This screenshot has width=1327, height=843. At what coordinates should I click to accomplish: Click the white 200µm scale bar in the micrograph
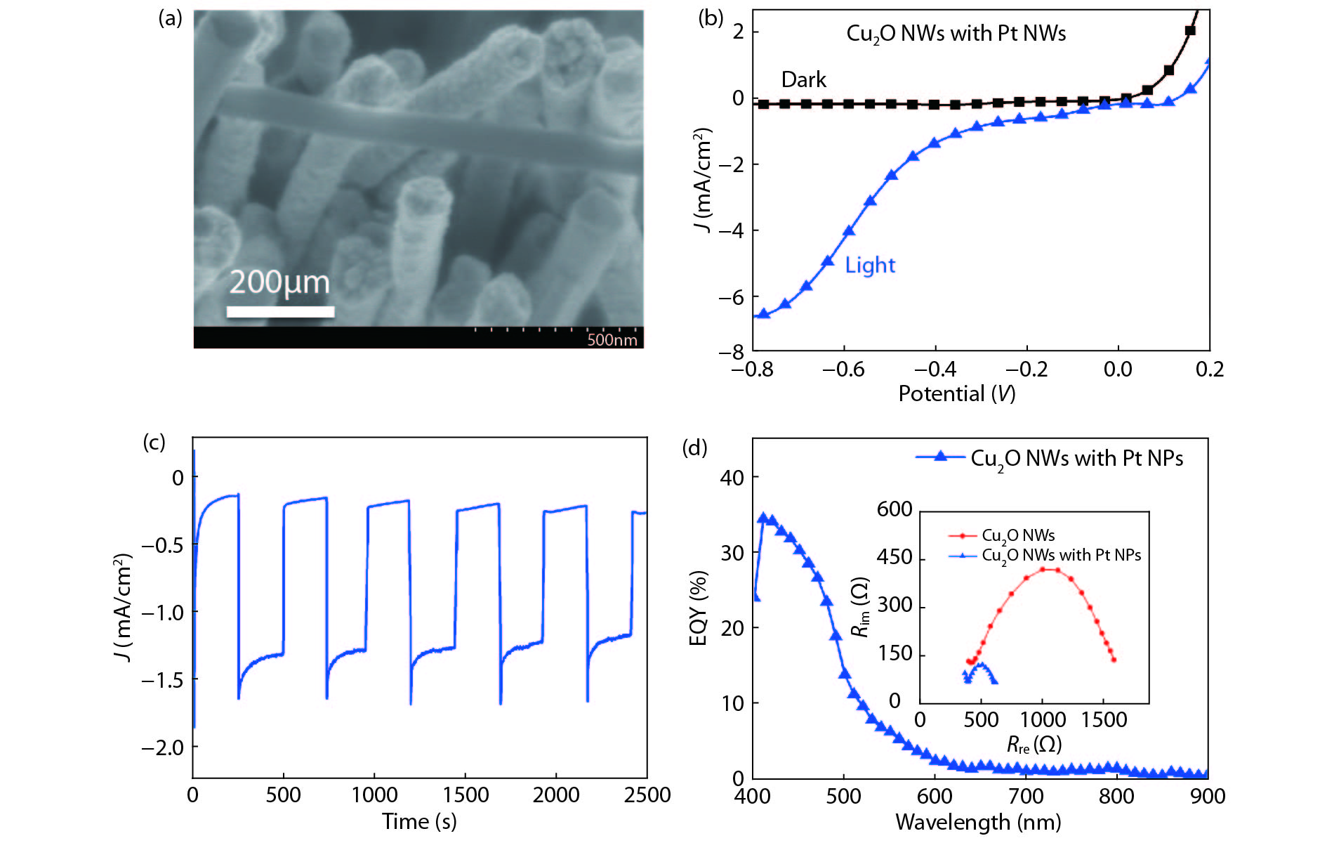click(280, 311)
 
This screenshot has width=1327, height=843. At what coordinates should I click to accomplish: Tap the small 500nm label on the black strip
click(612, 340)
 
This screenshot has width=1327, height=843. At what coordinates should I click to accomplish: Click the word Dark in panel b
click(804, 80)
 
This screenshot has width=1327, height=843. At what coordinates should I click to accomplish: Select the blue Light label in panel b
click(870, 266)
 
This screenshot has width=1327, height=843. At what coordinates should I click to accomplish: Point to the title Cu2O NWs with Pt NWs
click(956, 34)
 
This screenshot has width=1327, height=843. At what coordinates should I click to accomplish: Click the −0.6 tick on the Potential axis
click(843, 370)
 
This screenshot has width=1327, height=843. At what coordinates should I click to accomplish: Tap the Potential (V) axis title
click(956, 394)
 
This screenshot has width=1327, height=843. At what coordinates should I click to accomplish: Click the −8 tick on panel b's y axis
click(734, 352)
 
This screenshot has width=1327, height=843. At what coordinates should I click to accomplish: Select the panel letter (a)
click(171, 19)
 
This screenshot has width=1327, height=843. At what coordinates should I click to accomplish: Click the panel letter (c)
click(154, 443)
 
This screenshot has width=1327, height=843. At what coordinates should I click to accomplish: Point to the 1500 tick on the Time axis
click(466, 795)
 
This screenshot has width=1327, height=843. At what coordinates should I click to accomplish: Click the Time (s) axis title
click(419, 821)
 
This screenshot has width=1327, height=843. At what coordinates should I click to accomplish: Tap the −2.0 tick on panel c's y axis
click(162, 747)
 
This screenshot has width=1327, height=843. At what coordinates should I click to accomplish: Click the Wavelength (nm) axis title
click(978, 822)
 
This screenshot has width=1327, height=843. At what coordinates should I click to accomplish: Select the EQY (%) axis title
click(697, 608)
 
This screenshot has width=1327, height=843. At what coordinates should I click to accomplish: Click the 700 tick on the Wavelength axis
click(1026, 797)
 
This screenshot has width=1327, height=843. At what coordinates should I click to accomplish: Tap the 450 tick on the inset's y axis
click(894, 558)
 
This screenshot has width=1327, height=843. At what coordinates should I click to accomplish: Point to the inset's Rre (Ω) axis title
click(1034, 745)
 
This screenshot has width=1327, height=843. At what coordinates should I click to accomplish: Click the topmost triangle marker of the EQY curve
click(763, 518)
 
